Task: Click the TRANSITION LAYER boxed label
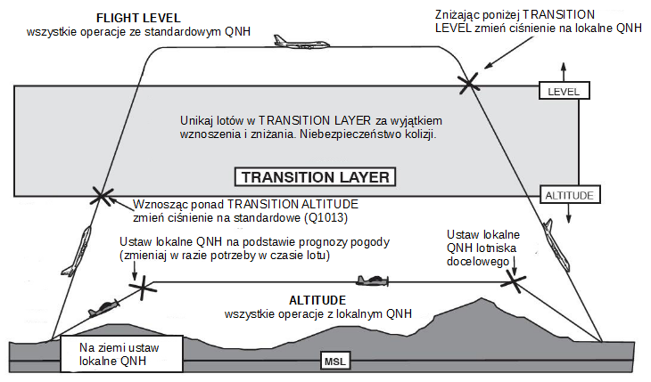coord(315,177)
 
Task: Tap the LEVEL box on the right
coord(564,91)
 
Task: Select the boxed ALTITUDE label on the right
coord(570,194)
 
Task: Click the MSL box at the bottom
coord(334,362)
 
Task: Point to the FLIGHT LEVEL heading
coord(138,18)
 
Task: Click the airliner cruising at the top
coord(301,43)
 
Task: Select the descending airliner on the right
coord(556,244)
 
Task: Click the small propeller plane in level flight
coord(373,280)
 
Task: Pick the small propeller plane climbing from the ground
coord(103,308)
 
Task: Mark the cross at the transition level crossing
coord(469,84)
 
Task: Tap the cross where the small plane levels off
coord(143,287)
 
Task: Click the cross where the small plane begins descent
coord(514,281)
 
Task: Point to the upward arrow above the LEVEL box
coord(564,72)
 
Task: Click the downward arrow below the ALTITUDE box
coord(569,214)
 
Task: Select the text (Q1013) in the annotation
coord(325,218)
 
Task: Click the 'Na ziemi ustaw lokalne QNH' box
coord(121,354)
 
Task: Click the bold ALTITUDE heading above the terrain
coord(317,300)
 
